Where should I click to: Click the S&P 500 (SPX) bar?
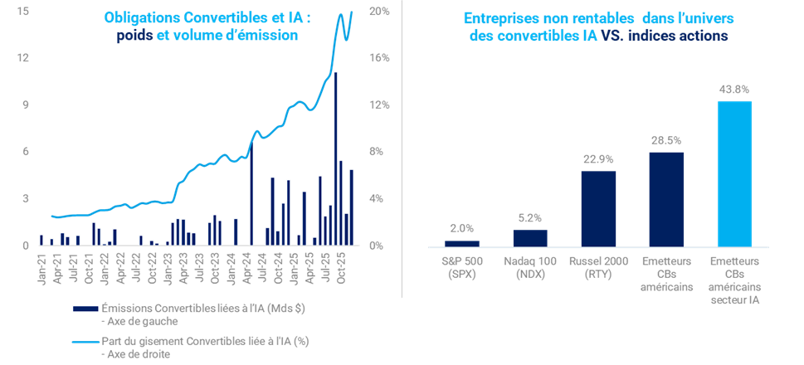(461, 243)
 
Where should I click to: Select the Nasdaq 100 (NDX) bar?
(529, 237)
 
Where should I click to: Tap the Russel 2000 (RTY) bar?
(598, 208)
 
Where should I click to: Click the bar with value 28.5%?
(666, 199)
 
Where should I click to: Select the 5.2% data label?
(529, 218)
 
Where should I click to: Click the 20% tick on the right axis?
(378, 12)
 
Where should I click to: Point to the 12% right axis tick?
(378, 105)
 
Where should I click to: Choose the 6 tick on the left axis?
(27, 152)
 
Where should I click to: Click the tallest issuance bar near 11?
(335, 158)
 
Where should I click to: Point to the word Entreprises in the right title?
(499, 18)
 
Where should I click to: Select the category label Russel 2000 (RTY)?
(598, 268)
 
